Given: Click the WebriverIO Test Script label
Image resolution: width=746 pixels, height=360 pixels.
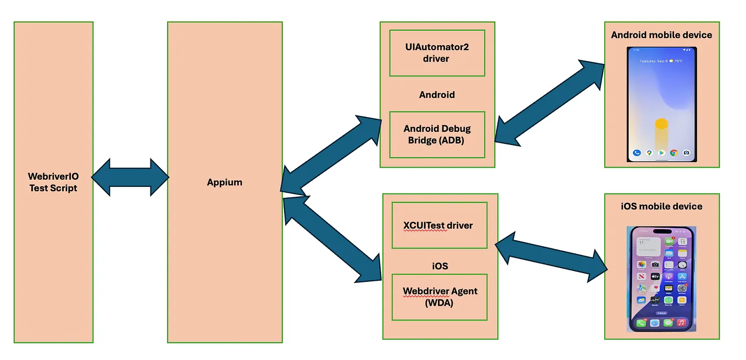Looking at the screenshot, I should click(x=53, y=182).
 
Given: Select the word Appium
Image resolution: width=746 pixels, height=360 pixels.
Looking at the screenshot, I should click(x=225, y=182).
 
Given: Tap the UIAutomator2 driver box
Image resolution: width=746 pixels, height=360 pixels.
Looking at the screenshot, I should click(x=437, y=53).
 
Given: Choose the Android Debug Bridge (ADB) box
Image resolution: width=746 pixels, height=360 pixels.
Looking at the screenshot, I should click(x=437, y=134).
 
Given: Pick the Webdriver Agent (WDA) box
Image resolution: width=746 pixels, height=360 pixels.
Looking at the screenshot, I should click(x=439, y=297).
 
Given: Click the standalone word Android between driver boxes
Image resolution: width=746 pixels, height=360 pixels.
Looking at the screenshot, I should click(x=437, y=95).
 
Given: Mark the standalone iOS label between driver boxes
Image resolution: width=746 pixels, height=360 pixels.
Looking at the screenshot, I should click(x=439, y=266).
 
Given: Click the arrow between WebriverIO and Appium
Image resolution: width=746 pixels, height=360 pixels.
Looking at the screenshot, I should click(x=130, y=178).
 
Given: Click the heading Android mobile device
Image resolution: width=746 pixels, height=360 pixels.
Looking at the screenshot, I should click(x=661, y=35).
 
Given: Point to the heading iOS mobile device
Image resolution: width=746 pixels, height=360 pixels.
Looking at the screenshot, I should click(x=661, y=207).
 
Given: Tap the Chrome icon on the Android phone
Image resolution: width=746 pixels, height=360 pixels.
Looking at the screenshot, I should click(x=673, y=153).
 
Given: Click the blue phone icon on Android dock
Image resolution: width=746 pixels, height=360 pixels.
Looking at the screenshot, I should click(x=637, y=153).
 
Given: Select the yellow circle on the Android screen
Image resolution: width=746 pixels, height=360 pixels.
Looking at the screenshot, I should click(x=661, y=124).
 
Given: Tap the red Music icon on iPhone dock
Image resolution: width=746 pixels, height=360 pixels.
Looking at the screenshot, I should click(x=681, y=323).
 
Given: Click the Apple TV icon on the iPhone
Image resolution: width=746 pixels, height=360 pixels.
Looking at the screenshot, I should click(x=655, y=276).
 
